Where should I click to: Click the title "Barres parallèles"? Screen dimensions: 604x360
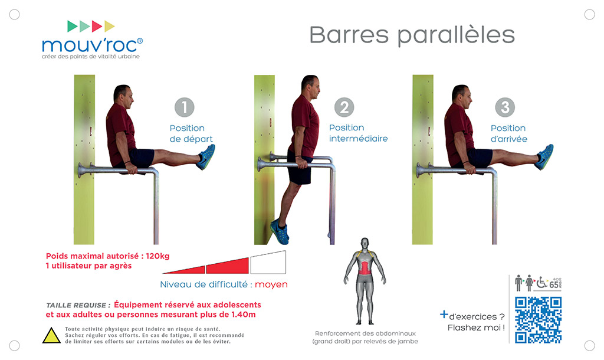coord(412,36)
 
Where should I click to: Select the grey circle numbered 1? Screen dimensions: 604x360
coord(185,107)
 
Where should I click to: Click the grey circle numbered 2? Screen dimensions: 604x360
coord(344,107)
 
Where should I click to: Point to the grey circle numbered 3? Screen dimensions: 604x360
coord(505,107)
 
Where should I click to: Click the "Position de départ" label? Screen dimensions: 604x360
coord(191,133)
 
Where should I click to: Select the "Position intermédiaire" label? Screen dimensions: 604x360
coord(358,133)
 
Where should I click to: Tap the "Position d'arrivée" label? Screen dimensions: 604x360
coord(508,133)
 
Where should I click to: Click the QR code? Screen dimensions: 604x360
coord(538,320)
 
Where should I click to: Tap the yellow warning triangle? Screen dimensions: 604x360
coord(51,336)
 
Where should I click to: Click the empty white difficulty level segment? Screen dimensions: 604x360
coord(268,263)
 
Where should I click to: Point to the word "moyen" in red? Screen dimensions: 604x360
coord(271,284)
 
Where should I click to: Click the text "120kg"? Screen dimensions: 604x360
coord(157,256)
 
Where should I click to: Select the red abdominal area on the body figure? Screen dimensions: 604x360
coord(365,268)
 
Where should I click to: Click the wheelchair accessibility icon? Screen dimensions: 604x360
coord(542,283)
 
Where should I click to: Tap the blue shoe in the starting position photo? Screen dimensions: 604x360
coord(206,157)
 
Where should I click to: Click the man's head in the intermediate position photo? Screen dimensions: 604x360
coord(310,87)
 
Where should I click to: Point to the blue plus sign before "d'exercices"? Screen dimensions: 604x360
coord(444,315)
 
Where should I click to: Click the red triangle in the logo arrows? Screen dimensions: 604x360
coord(97,26)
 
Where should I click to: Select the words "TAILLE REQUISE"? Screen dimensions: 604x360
coord(76,305)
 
